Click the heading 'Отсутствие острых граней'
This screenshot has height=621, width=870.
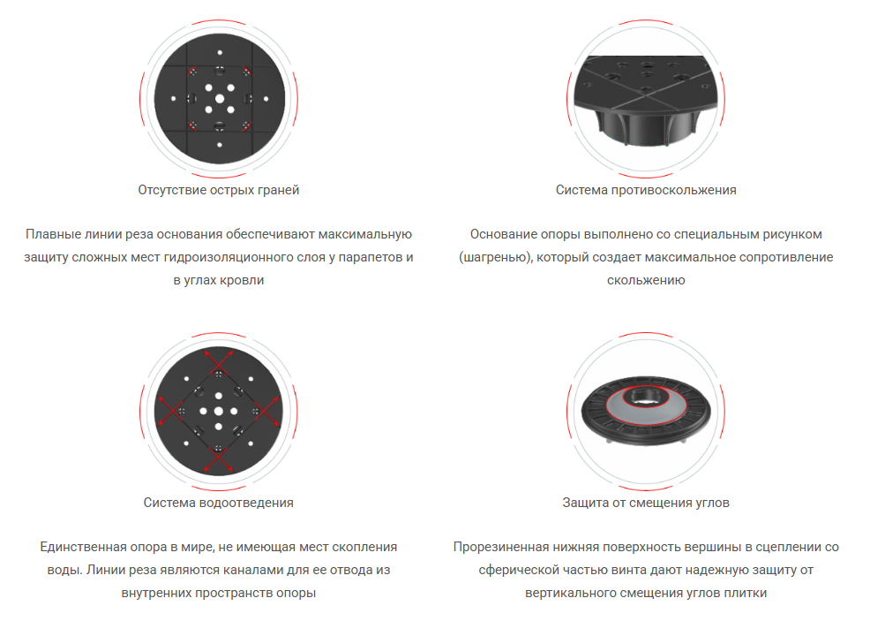point(219,190)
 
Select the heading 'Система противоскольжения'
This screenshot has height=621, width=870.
point(646,190)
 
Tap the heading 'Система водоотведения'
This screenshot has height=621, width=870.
point(219,503)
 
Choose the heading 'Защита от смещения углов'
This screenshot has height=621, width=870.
point(646,503)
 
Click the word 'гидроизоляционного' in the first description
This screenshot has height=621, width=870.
point(209,257)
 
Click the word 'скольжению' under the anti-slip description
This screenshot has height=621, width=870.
point(646,280)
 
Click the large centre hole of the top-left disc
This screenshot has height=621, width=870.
point(220,99)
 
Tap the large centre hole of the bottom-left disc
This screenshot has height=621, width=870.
point(219,411)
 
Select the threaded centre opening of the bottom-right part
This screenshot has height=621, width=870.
point(646,397)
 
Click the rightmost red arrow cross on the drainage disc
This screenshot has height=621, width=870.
point(266,411)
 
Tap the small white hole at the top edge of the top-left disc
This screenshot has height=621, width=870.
point(220,52)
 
